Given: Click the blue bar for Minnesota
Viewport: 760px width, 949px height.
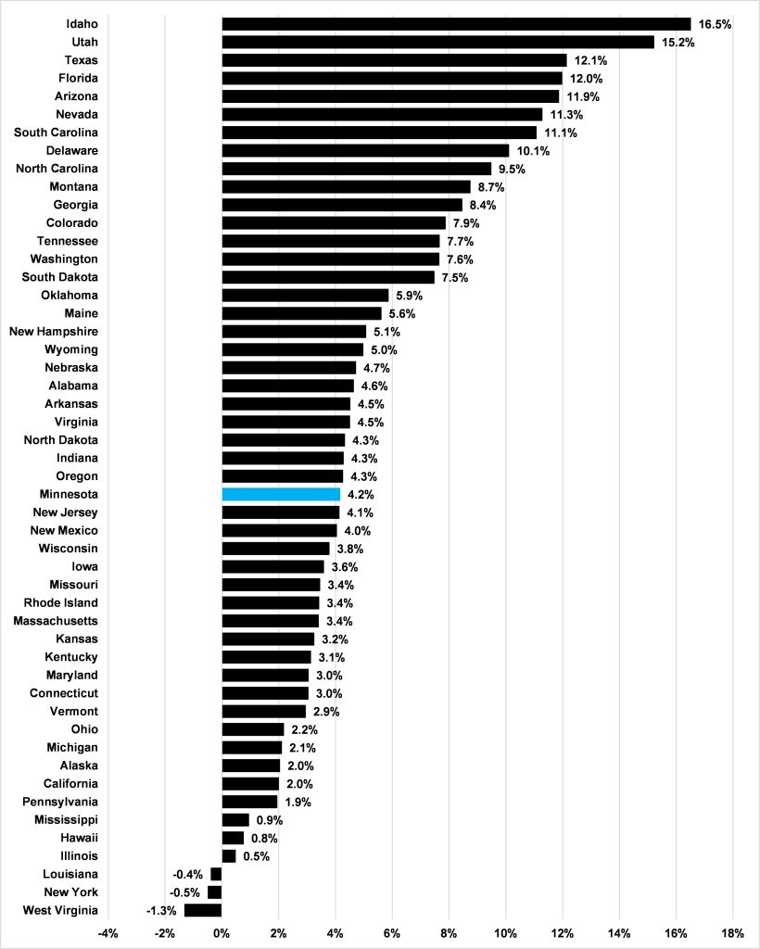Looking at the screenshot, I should (x=281, y=495).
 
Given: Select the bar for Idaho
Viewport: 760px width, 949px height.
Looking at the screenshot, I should (x=456, y=24).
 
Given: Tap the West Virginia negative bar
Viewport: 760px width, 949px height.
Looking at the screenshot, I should (x=203, y=910).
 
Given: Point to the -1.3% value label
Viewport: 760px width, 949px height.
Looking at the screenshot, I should (x=161, y=910).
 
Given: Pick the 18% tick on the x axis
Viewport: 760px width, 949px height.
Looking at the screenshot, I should (x=733, y=931).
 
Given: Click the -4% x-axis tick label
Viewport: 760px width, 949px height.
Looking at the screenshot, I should (x=108, y=931).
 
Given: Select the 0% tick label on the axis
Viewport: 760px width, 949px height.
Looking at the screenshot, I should (x=222, y=931).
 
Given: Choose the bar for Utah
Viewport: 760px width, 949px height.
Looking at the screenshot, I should (x=437, y=42).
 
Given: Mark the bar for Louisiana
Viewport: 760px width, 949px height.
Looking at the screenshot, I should (x=216, y=874).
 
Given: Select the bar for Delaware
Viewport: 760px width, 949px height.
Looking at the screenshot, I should (x=365, y=150).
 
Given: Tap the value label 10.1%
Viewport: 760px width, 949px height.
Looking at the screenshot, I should (x=533, y=151).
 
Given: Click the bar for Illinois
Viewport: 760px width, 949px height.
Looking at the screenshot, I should (x=229, y=856).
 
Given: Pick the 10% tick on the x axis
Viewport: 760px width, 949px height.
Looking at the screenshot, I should (x=506, y=931).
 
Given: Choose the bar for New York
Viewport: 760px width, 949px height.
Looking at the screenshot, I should (x=215, y=892).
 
